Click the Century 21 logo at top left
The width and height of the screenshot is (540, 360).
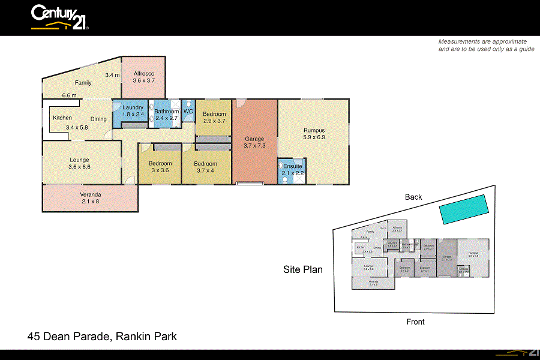pos(60,17)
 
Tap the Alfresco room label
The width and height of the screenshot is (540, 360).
pos(144,76)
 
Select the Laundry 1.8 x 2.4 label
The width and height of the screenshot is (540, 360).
pos(133,110)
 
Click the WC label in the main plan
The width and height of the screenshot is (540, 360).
pos(188,111)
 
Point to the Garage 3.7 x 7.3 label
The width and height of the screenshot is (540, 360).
pos(254,142)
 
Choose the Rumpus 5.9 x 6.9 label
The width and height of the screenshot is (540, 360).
pos(314,133)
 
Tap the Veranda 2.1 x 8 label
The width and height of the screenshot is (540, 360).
pos(90,198)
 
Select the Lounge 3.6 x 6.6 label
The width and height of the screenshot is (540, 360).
pos(79,163)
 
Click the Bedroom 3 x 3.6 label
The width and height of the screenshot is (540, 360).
pos(160,167)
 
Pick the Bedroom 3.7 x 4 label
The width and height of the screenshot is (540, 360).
pos(205,167)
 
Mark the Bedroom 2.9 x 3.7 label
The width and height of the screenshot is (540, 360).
pos(214,117)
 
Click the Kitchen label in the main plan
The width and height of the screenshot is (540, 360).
pos(62,118)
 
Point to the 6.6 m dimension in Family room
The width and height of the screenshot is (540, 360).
pos(69,95)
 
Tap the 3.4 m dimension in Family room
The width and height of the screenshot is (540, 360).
pos(112,75)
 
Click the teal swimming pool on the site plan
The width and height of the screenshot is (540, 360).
pos(463,208)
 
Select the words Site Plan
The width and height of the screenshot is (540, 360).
pos(303,269)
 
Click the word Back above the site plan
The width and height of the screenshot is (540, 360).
pos(413,197)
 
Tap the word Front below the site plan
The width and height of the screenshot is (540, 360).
pos(415,322)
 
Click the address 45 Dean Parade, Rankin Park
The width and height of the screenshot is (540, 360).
pos(103,337)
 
